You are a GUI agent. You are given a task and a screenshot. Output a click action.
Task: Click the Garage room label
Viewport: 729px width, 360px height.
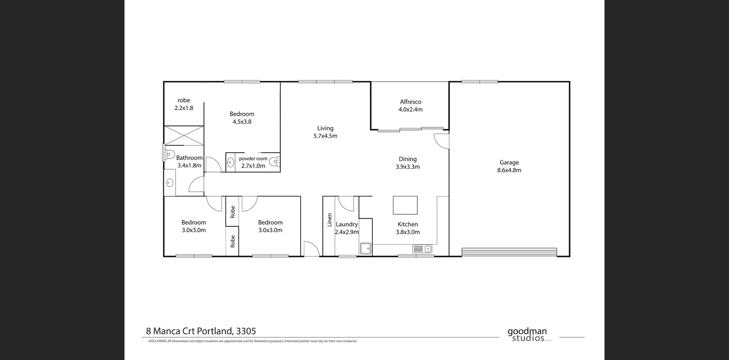click(509, 163)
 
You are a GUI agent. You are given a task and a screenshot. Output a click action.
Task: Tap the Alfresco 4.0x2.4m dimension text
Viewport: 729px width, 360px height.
click(410, 109)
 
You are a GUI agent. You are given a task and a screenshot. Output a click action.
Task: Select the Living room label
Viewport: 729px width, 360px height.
click(325, 128)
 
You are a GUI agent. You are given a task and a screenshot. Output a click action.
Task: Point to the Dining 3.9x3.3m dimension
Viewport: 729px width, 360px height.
click(408, 167)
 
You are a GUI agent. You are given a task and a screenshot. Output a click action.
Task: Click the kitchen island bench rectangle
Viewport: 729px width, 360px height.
click(405, 205)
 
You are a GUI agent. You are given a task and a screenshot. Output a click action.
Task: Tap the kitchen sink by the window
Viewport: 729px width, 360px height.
click(422, 249)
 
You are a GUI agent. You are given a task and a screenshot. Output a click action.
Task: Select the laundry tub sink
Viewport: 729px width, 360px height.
click(366, 249)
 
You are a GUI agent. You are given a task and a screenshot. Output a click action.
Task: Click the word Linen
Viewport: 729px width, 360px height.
click(330, 220)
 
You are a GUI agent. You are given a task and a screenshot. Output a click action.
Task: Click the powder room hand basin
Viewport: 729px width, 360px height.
click(230, 163)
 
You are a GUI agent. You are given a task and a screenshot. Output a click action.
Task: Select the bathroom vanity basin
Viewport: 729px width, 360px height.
click(170, 183)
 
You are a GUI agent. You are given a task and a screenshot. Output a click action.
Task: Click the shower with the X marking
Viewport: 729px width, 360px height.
click(184, 136)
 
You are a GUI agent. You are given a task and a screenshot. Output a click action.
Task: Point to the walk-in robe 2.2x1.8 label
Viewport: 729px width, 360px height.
click(184, 104)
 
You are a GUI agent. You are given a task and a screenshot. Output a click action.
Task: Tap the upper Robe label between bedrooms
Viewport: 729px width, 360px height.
click(233, 212)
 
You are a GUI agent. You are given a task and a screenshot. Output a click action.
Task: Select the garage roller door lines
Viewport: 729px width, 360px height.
click(509, 252)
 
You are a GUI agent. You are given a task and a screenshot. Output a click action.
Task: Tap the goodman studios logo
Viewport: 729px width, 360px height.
click(527, 335)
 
